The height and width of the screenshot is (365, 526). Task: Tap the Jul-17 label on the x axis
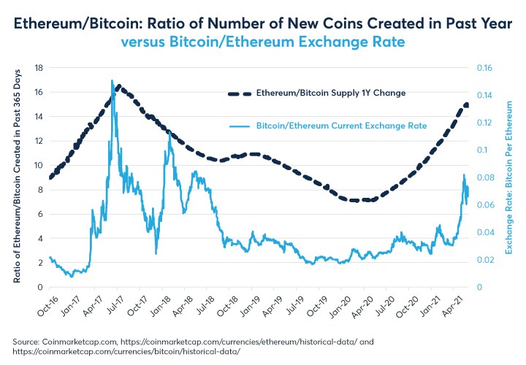(115, 305)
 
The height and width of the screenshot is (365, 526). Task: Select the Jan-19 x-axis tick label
(256, 305)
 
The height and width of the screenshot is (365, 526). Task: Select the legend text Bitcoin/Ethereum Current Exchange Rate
(341, 126)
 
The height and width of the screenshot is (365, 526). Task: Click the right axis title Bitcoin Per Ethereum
(509, 177)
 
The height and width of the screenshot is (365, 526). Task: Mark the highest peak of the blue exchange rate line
(112, 80)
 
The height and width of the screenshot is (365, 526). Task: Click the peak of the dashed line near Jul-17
(118, 87)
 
